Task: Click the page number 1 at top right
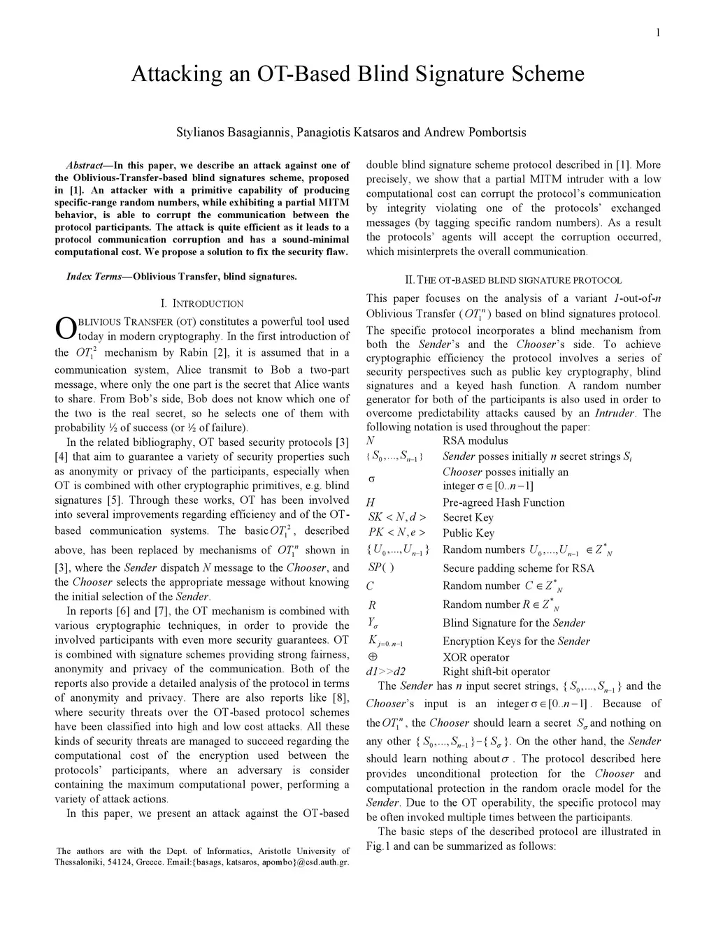(659, 33)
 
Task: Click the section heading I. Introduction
(202, 304)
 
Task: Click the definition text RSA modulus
(475, 441)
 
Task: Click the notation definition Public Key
(468, 533)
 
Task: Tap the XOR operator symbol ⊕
(372, 657)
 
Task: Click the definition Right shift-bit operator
(496, 672)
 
